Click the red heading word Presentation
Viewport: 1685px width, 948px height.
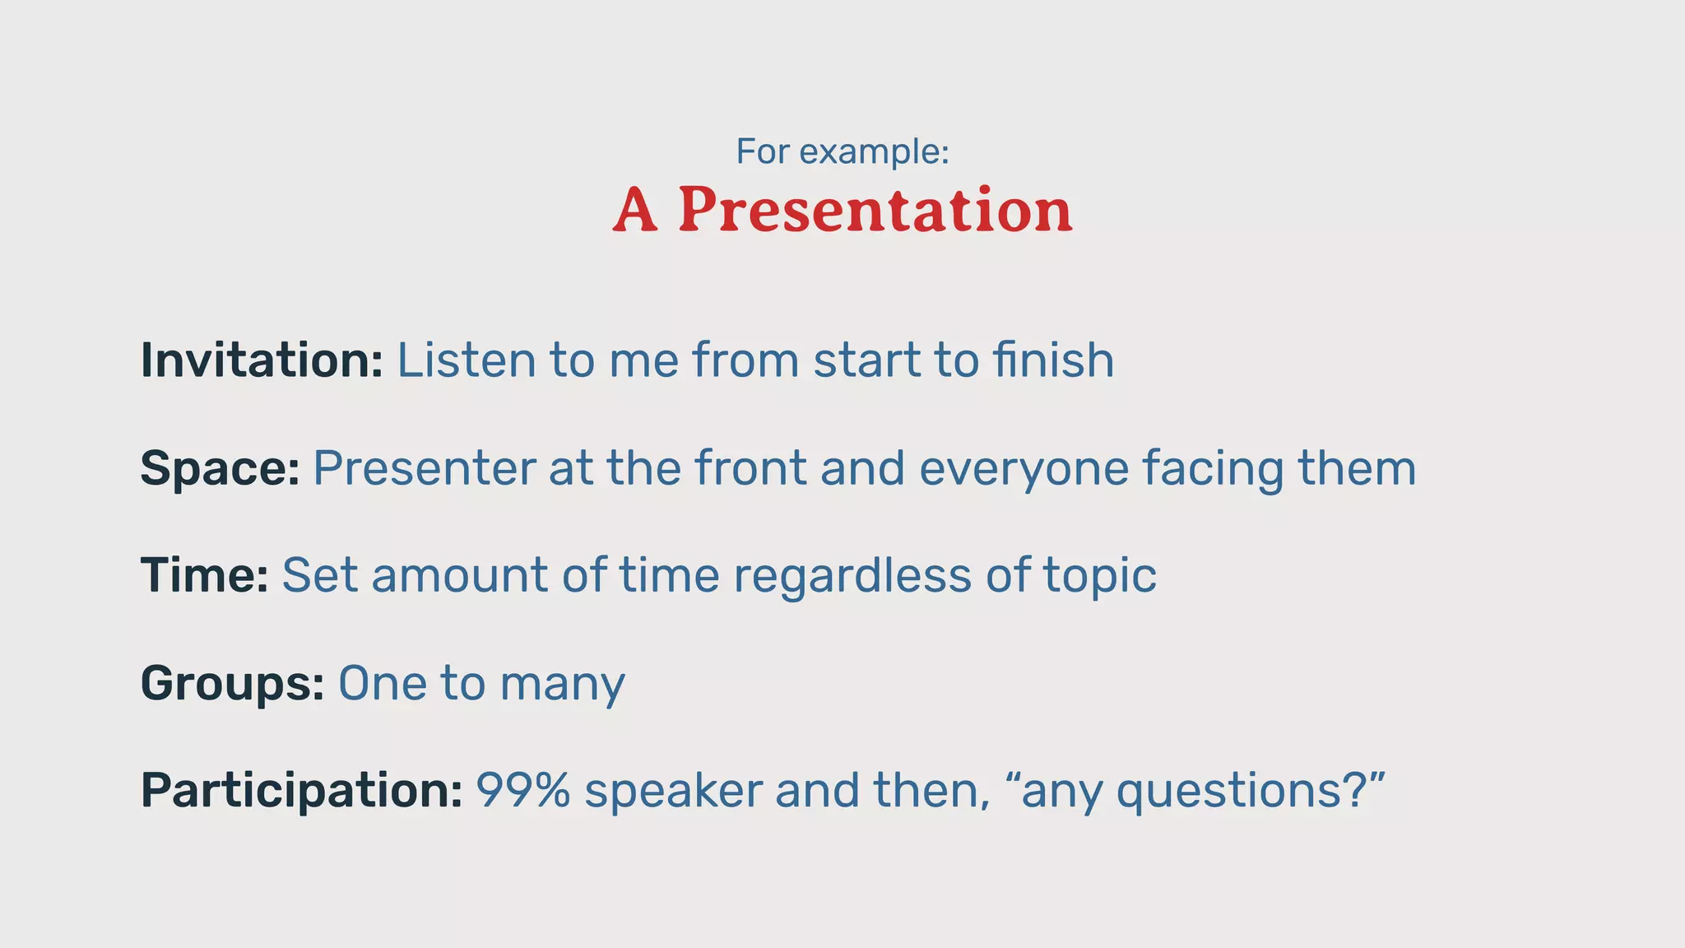875,210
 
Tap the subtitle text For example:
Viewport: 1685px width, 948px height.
842,151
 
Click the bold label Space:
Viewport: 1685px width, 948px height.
220,469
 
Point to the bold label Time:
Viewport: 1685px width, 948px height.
204,575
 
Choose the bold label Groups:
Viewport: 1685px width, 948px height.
232,683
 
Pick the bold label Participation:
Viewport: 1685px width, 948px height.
301,791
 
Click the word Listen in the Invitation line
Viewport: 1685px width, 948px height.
466,360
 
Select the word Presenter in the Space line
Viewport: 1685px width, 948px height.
425,468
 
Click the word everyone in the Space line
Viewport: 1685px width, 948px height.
1024,469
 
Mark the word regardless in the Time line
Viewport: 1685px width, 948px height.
852,575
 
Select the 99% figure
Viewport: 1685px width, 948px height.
523,790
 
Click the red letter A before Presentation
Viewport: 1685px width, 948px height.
636,210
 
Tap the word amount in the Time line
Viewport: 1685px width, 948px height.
459,575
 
